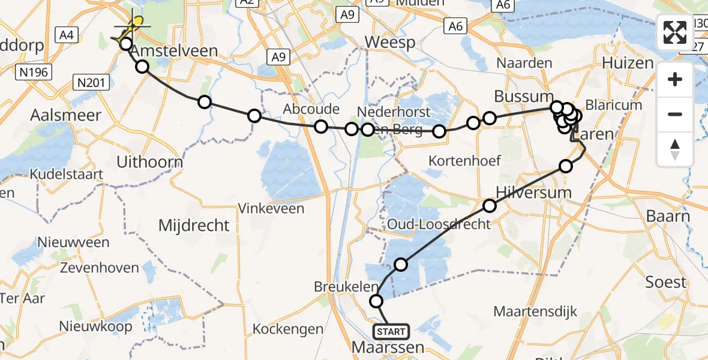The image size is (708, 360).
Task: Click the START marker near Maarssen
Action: pos(391,331)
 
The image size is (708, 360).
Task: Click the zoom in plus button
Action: pos(675,80)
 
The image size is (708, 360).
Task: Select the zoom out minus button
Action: pos(675,114)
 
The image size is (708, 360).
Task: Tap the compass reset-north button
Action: pos(675,149)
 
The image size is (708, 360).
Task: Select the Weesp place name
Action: pos(390,43)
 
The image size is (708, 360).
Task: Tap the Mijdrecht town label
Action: pos(194,226)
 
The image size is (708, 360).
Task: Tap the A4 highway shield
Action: pos(67,35)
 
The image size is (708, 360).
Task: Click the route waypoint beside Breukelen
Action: pos(376,301)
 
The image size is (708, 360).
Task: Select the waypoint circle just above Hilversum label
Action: pos(490,206)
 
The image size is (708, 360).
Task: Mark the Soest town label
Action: pos(665,282)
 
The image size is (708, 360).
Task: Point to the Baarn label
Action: pos(668,216)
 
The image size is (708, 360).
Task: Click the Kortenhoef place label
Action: pos(466,161)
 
